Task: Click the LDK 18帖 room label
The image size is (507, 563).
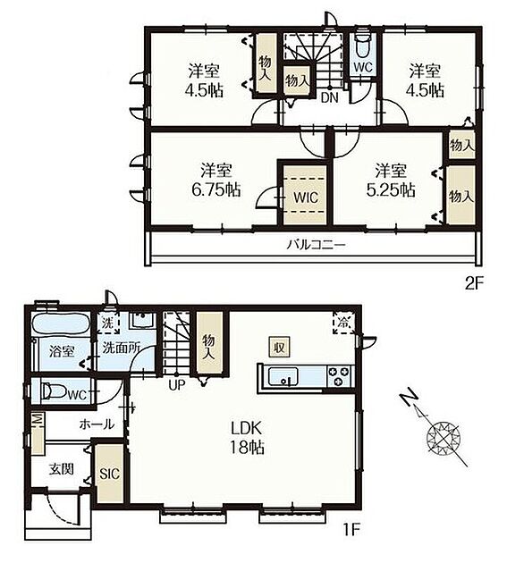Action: tap(248, 438)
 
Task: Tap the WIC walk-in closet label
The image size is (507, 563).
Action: tap(305, 197)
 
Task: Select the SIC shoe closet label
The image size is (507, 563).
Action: tap(109, 474)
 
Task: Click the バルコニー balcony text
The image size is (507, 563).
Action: tap(316, 245)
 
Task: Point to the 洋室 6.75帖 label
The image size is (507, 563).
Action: tap(216, 180)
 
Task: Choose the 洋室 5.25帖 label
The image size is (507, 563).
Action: tap(391, 181)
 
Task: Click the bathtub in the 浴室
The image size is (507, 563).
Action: tap(61, 324)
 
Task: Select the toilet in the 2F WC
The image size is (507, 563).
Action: tap(363, 46)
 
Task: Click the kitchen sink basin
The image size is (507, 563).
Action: tap(283, 376)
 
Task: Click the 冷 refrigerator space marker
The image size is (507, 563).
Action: tap(343, 323)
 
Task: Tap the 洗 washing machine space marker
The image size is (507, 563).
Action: tap(109, 323)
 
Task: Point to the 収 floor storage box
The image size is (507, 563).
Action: tap(280, 348)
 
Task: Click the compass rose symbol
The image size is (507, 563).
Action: tap(443, 437)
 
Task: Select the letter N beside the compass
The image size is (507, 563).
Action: tap(408, 398)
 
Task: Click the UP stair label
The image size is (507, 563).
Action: tap(177, 385)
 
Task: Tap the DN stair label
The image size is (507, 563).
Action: tap(329, 98)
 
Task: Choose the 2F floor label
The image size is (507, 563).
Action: tap(474, 284)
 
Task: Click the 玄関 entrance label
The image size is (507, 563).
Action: tap(62, 469)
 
